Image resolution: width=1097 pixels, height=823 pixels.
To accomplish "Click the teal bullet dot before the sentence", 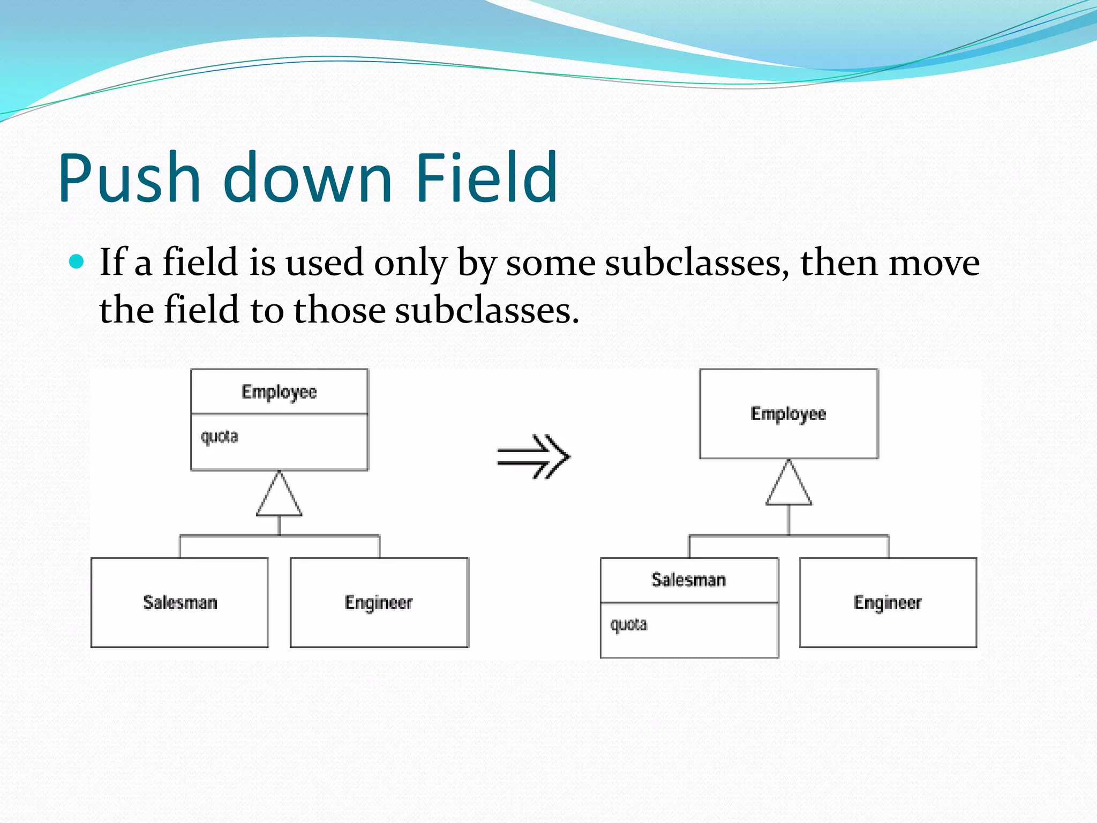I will point(77,261).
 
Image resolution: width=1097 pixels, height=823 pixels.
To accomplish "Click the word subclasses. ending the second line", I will point(487,310).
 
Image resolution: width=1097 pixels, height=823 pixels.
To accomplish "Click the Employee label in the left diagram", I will point(279,392).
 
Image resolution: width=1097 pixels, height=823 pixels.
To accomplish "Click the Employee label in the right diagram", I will point(788,414).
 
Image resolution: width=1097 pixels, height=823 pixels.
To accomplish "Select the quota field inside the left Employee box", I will point(219,437).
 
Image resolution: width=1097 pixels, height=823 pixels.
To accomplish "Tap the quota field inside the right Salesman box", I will point(628,625).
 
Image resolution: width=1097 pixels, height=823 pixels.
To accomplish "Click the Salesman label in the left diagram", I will point(180,602).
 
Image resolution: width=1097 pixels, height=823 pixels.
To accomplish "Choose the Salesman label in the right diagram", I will point(688,580).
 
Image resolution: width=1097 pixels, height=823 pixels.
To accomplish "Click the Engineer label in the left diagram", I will point(379,602).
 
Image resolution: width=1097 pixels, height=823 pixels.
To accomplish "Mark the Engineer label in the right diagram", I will point(888,602).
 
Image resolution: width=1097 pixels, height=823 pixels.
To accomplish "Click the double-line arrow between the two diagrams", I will point(534,457).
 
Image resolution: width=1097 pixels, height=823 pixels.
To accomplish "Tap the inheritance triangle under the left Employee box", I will point(279,496).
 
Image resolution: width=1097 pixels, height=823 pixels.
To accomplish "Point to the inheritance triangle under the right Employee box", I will point(788,484).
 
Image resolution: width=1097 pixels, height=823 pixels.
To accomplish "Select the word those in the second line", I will point(340,310).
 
